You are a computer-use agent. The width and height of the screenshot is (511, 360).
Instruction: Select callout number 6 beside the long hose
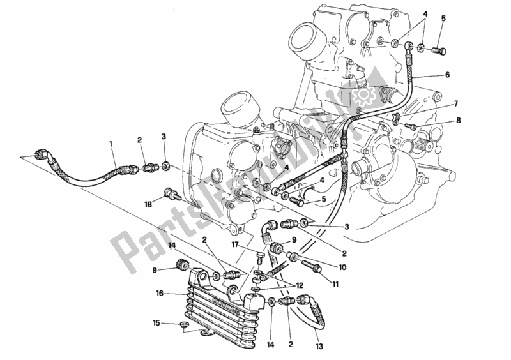[447, 75]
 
